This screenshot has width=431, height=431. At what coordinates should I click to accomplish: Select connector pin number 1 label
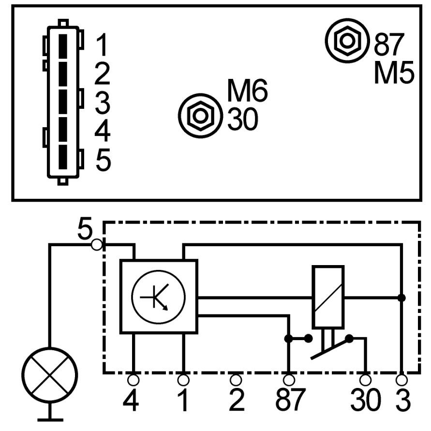(102, 45)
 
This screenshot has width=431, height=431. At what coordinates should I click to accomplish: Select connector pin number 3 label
(102, 103)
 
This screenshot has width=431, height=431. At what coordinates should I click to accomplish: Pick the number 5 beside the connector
(103, 160)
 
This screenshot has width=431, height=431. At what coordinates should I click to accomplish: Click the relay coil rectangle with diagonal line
(328, 296)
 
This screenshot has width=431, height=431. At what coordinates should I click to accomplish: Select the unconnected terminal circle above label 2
(236, 379)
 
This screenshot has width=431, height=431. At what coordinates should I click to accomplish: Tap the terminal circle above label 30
(366, 379)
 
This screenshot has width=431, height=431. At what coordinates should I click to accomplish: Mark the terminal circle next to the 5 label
(97, 245)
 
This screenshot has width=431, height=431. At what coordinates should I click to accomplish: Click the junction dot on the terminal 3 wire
(401, 297)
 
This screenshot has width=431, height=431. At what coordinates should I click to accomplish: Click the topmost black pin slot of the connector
(63, 46)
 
